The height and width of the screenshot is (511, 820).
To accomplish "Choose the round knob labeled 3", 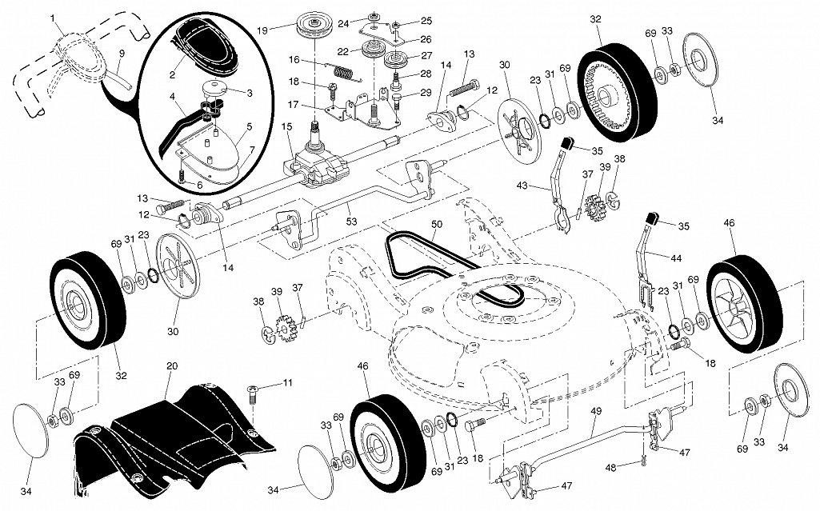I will click(x=214, y=87).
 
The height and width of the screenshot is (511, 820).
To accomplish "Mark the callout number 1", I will click(x=53, y=17).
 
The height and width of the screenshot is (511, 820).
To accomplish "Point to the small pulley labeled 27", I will click(x=395, y=60).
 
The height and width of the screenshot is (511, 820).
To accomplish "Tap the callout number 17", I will click(x=294, y=105).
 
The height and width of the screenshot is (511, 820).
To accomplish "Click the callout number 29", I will click(x=425, y=92).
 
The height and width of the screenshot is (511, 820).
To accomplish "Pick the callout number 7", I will click(x=251, y=150).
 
